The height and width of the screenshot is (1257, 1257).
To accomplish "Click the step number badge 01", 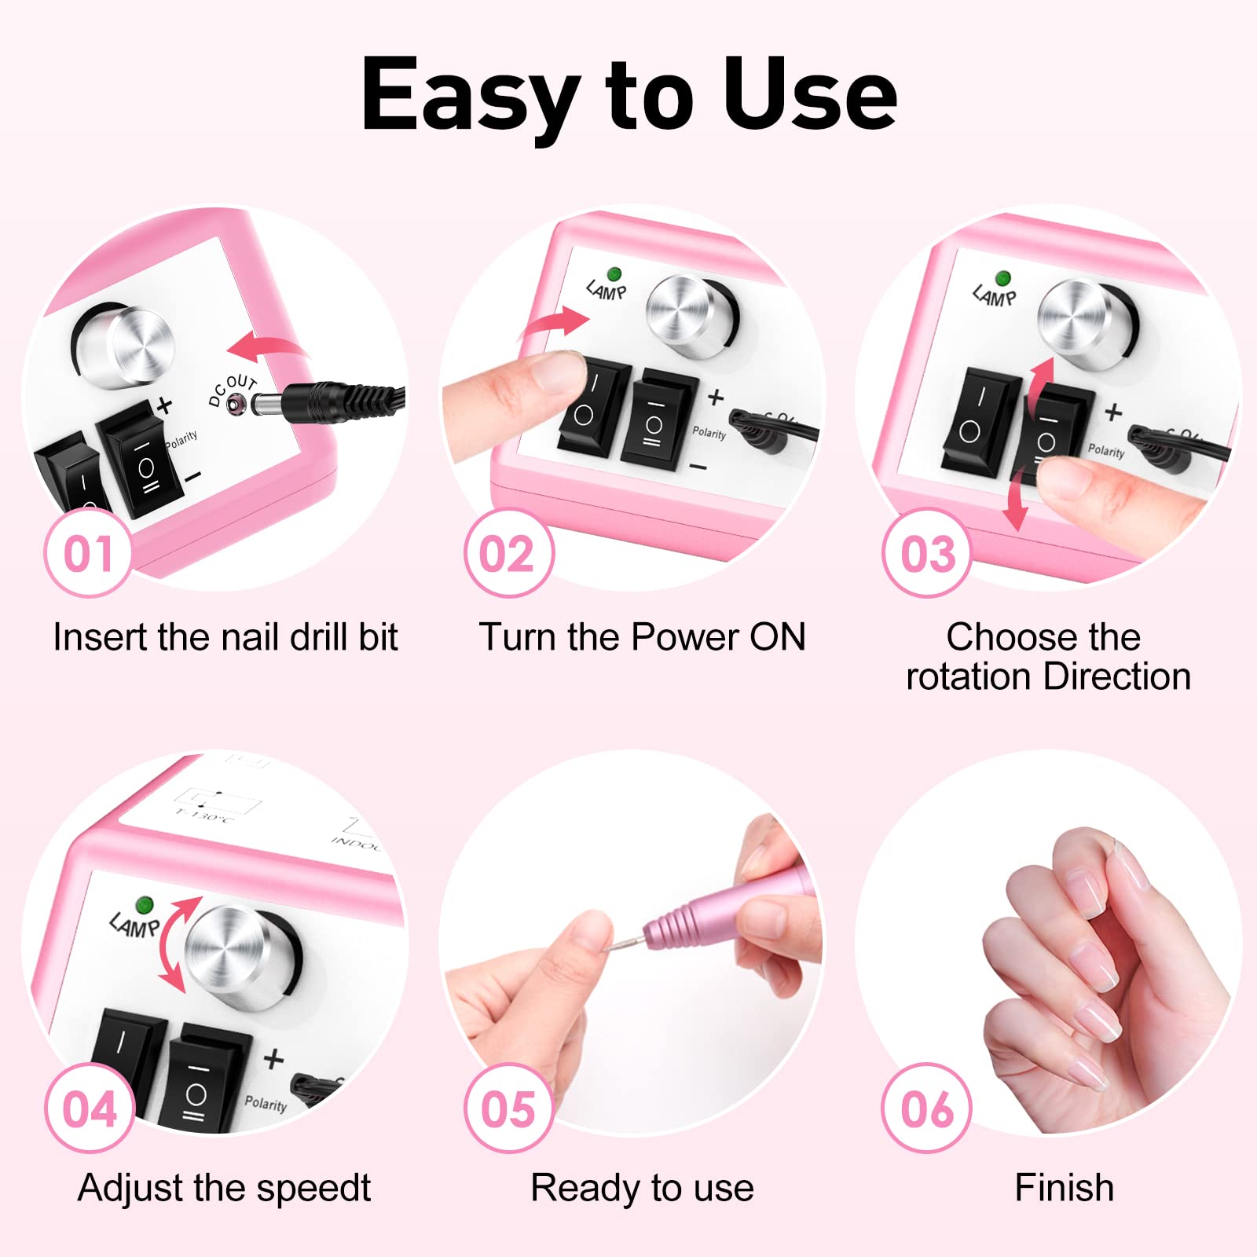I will click(88, 553).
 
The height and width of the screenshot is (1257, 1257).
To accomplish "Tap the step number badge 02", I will click(508, 553).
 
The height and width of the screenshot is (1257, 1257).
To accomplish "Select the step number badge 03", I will click(927, 553).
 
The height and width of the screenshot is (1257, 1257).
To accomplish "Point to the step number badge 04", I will click(90, 1109).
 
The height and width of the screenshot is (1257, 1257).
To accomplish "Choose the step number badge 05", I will click(508, 1109).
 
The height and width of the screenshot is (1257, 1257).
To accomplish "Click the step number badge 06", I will click(927, 1109).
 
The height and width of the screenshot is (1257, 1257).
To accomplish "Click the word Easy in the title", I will click(470, 96).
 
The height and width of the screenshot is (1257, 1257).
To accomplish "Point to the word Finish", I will click(1064, 1187).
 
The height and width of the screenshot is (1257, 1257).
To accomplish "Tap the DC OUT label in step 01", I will click(232, 389).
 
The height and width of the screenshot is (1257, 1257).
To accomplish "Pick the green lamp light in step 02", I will click(614, 274).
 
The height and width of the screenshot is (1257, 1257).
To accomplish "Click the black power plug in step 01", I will click(330, 400).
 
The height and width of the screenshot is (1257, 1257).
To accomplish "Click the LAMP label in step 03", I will click(994, 296).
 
